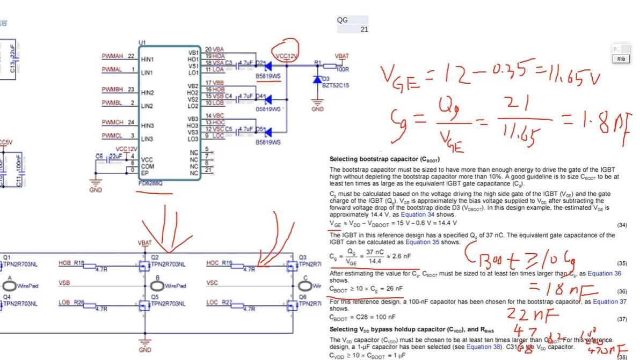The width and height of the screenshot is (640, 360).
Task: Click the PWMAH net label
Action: click(x=112, y=56)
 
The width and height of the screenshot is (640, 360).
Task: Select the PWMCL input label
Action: click(x=112, y=136)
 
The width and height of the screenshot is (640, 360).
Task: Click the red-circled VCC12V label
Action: click(x=286, y=56)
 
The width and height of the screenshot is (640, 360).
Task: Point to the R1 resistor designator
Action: click(x=317, y=63)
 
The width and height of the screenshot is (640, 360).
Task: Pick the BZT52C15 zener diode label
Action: click(x=335, y=85)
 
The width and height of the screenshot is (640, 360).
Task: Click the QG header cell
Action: click(x=343, y=20)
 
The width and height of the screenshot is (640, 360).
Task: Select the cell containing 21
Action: click(x=364, y=30)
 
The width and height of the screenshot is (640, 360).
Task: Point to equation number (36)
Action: click(x=622, y=291)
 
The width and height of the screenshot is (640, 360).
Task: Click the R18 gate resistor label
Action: click(x=79, y=263)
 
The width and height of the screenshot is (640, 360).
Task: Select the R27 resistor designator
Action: click(x=227, y=303)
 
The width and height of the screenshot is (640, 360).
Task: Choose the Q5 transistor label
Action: click(x=155, y=296)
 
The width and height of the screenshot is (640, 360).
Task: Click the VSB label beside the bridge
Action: click(x=64, y=283)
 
